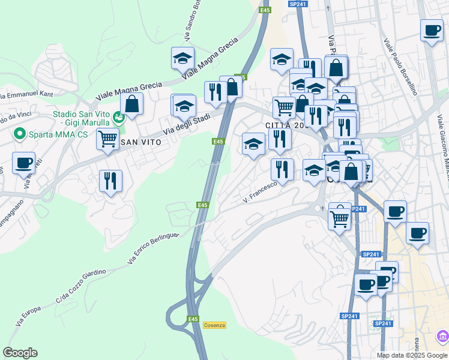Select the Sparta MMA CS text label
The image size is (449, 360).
tap(57, 134)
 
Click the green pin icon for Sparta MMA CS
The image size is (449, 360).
tap(19, 134)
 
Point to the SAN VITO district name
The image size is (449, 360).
tap(141, 142)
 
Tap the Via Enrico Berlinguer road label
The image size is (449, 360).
tap(154, 248)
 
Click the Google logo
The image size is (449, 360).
tap(20, 353)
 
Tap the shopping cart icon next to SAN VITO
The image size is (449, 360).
tap(107, 138)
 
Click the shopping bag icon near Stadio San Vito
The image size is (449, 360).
tap(131, 103)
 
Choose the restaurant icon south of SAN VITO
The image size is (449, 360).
tap(110, 180)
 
